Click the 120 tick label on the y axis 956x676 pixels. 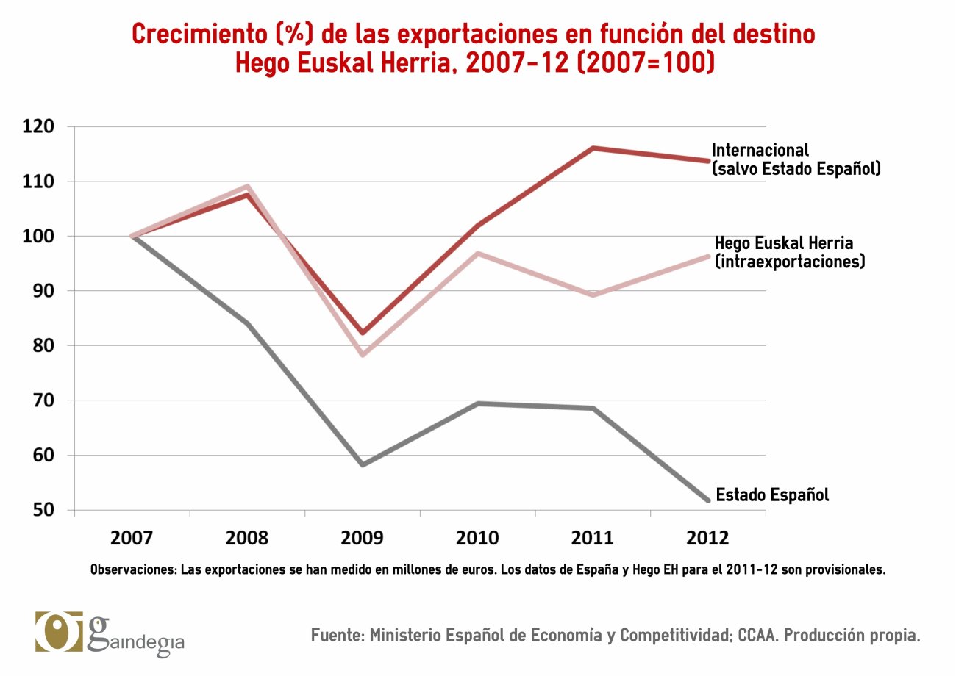(x=38, y=127)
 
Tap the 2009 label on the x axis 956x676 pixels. (x=362, y=538)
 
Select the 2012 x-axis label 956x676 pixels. (x=707, y=538)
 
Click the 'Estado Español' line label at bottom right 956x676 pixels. (x=772, y=495)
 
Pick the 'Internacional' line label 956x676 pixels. (x=760, y=150)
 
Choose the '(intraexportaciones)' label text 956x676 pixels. (x=789, y=261)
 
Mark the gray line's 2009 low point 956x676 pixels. (x=363, y=464)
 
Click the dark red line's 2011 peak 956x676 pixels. (x=593, y=148)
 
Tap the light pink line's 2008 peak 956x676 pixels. (x=248, y=187)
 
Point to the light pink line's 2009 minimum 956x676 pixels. (x=363, y=355)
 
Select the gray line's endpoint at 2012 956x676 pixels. (x=707, y=500)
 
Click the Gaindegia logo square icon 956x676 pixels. (x=59, y=631)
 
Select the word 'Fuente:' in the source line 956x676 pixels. (x=337, y=636)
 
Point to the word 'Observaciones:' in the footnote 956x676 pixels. (x=133, y=569)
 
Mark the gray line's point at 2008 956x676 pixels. (x=248, y=323)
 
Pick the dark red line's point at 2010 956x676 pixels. (x=478, y=225)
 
